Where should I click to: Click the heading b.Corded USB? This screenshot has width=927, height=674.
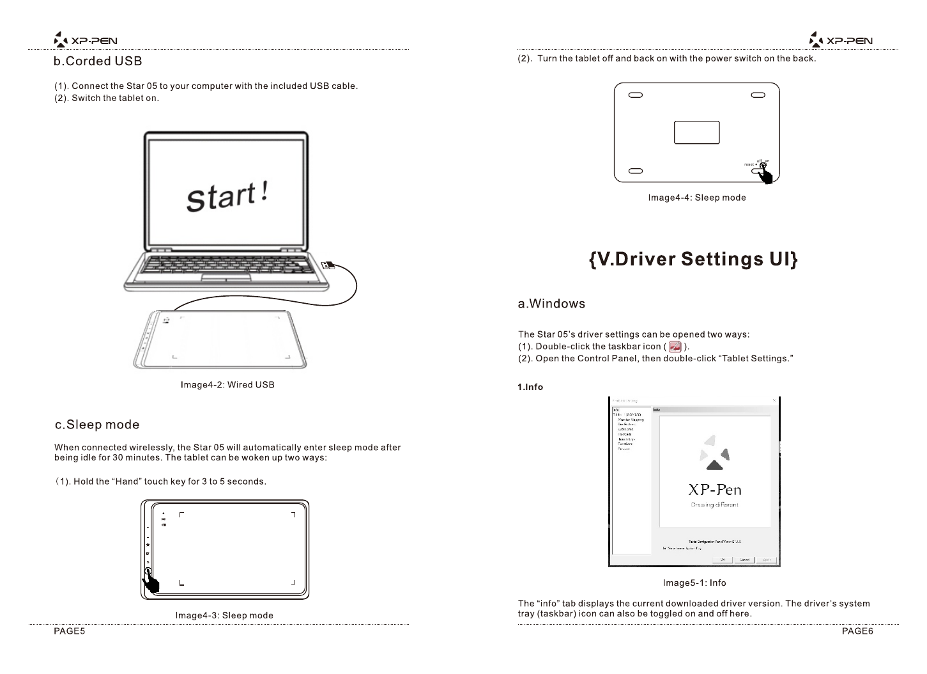[98, 61]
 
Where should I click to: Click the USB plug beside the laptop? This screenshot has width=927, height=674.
[326, 265]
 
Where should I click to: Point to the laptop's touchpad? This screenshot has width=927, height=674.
[226, 276]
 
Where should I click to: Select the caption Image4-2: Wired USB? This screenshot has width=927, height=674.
[227, 385]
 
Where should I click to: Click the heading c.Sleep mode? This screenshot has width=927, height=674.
[97, 425]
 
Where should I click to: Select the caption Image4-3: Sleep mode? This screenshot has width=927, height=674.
[224, 615]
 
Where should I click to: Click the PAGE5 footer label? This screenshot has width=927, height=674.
[69, 631]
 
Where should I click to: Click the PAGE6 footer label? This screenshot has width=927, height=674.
[857, 631]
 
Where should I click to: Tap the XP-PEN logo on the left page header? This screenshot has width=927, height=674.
[86, 41]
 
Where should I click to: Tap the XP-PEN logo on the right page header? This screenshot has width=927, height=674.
[841, 41]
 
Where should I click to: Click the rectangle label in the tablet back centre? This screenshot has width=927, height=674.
[696, 132]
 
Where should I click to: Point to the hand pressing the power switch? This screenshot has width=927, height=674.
[765, 173]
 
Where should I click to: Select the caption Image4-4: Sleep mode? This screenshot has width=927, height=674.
[697, 198]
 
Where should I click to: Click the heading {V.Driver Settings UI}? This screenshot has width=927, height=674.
[693, 259]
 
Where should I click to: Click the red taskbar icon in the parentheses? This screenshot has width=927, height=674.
[674, 347]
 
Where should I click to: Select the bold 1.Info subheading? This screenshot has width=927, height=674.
[530, 387]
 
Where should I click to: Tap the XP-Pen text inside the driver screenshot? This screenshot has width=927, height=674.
[714, 490]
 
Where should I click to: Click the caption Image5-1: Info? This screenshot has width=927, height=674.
[694, 583]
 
